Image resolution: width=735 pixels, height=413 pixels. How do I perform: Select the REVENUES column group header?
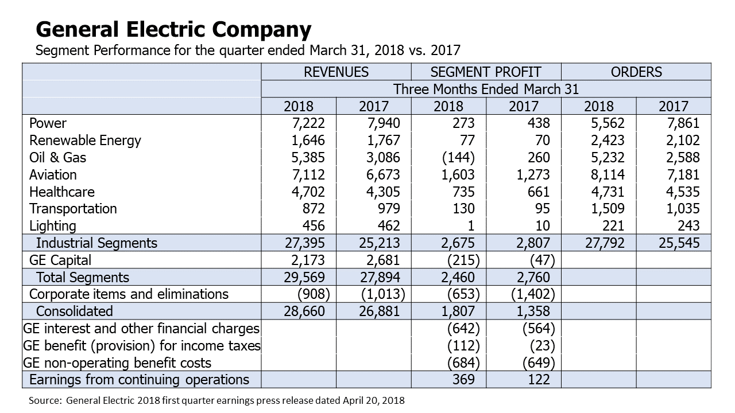(336, 72)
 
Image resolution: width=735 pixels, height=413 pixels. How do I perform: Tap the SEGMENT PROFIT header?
(486, 72)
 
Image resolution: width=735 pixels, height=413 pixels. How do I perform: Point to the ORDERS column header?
(636, 72)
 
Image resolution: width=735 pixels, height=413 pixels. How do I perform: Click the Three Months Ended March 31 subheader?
(486, 89)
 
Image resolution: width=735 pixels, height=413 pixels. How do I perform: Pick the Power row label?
(48, 123)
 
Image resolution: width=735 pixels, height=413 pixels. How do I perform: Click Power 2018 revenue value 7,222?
(308, 123)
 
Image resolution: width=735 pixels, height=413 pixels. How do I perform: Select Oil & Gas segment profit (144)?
(458, 158)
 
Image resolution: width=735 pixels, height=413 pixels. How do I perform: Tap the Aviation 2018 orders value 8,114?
(608, 175)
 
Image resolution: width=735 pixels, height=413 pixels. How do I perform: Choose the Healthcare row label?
(61, 192)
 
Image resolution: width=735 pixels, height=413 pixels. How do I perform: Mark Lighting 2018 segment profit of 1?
(471, 226)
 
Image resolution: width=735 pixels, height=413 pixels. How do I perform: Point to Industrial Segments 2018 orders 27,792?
(605, 243)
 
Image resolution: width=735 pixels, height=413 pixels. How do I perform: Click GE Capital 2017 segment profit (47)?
(543, 260)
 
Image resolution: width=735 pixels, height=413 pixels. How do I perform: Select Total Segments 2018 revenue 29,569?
(304, 277)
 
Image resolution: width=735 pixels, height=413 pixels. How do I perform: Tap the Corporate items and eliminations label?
(129, 294)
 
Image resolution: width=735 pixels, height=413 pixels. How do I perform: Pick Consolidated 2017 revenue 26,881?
(380, 311)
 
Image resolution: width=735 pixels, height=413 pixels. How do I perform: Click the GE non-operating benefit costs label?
(117, 363)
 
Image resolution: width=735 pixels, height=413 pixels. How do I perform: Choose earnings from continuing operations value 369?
(463, 380)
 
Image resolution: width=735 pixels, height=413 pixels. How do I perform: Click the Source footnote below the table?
(216, 400)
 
